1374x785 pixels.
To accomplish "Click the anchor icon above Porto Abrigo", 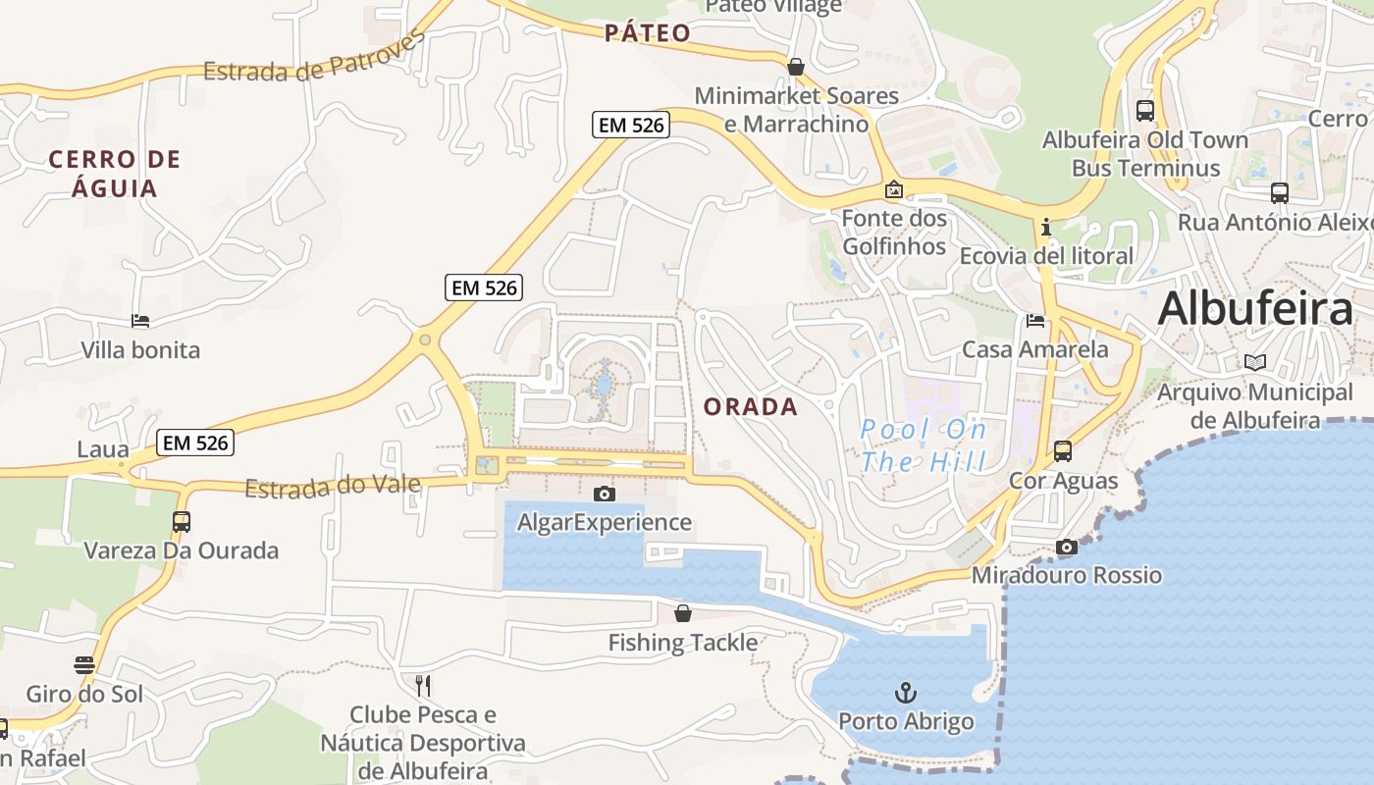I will click(x=905, y=693).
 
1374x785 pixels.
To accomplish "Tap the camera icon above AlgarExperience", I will click(x=605, y=494).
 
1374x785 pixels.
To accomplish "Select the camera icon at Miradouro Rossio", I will click(x=1067, y=547).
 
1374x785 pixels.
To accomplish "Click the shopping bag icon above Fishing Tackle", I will click(x=683, y=613).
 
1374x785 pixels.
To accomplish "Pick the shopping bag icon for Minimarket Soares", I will click(x=796, y=67).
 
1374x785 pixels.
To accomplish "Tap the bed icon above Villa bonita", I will click(x=140, y=321).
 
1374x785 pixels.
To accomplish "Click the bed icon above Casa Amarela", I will click(x=1035, y=320).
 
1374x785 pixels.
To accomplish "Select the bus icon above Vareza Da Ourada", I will click(x=182, y=522).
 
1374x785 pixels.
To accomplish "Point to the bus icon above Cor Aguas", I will click(x=1063, y=451).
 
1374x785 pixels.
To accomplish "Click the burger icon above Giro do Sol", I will click(x=84, y=665).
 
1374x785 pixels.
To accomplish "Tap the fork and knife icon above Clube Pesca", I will click(x=424, y=685).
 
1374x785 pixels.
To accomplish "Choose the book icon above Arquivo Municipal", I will click(x=1255, y=362).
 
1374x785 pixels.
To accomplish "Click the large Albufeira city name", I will click(x=1255, y=309).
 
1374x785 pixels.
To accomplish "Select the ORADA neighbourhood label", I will click(x=751, y=407).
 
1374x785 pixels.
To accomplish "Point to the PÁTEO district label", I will click(x=648, y=33).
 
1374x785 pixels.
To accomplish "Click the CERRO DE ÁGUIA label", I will click(x=115, y=174).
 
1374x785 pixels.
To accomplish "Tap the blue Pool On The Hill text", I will click(x=923, y=445).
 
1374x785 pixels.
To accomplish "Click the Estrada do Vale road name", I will click(x=333, y=486).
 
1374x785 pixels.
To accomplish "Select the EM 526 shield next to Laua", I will click(x=195, y=443).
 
